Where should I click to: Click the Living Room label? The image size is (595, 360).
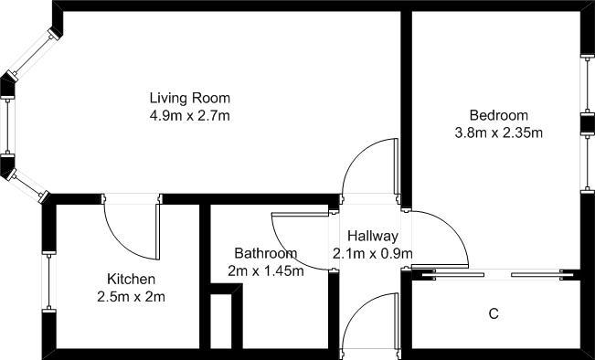click(x=190, y=98)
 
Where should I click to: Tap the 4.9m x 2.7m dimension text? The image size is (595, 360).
click(x=190, y=115)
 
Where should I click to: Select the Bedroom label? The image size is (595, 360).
click(x=499, y=115)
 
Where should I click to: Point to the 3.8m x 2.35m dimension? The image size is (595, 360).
click(x=499, y=132)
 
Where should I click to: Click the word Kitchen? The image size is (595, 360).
click(x=132, y=280)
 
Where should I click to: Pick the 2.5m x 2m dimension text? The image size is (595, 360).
click(x=132, y=297)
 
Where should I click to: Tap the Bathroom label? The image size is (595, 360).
click(x=266, y=253)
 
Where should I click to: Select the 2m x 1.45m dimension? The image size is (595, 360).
click(x=266, y=270)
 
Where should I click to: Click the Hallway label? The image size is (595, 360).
click(x=373, y=236)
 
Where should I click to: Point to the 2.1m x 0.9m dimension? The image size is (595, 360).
click(x=373, y=253)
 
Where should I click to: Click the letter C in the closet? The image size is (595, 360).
click(x=494, y=313)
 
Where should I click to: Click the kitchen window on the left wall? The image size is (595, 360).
click(x=48, y=281)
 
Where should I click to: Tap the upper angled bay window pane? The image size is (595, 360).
click(x=35, y=54)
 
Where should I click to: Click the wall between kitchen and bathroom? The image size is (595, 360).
click(x=205, y=276)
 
